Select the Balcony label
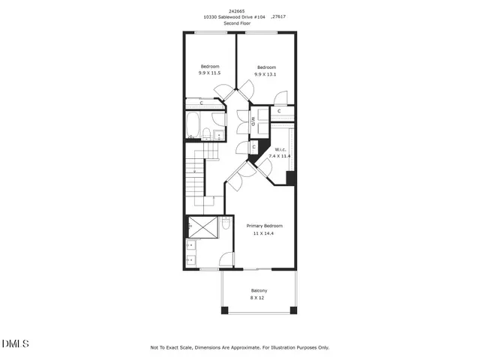point(258,290)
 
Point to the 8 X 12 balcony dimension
point(257,298)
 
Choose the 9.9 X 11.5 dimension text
point(209,73)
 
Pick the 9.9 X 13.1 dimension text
point(266,73)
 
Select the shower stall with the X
point(202,224)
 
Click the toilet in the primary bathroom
point(225,223)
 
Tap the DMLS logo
point(16,343)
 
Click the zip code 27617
point(280,17)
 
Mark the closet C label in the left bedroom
point(202,103)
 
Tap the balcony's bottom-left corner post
point(223,310)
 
